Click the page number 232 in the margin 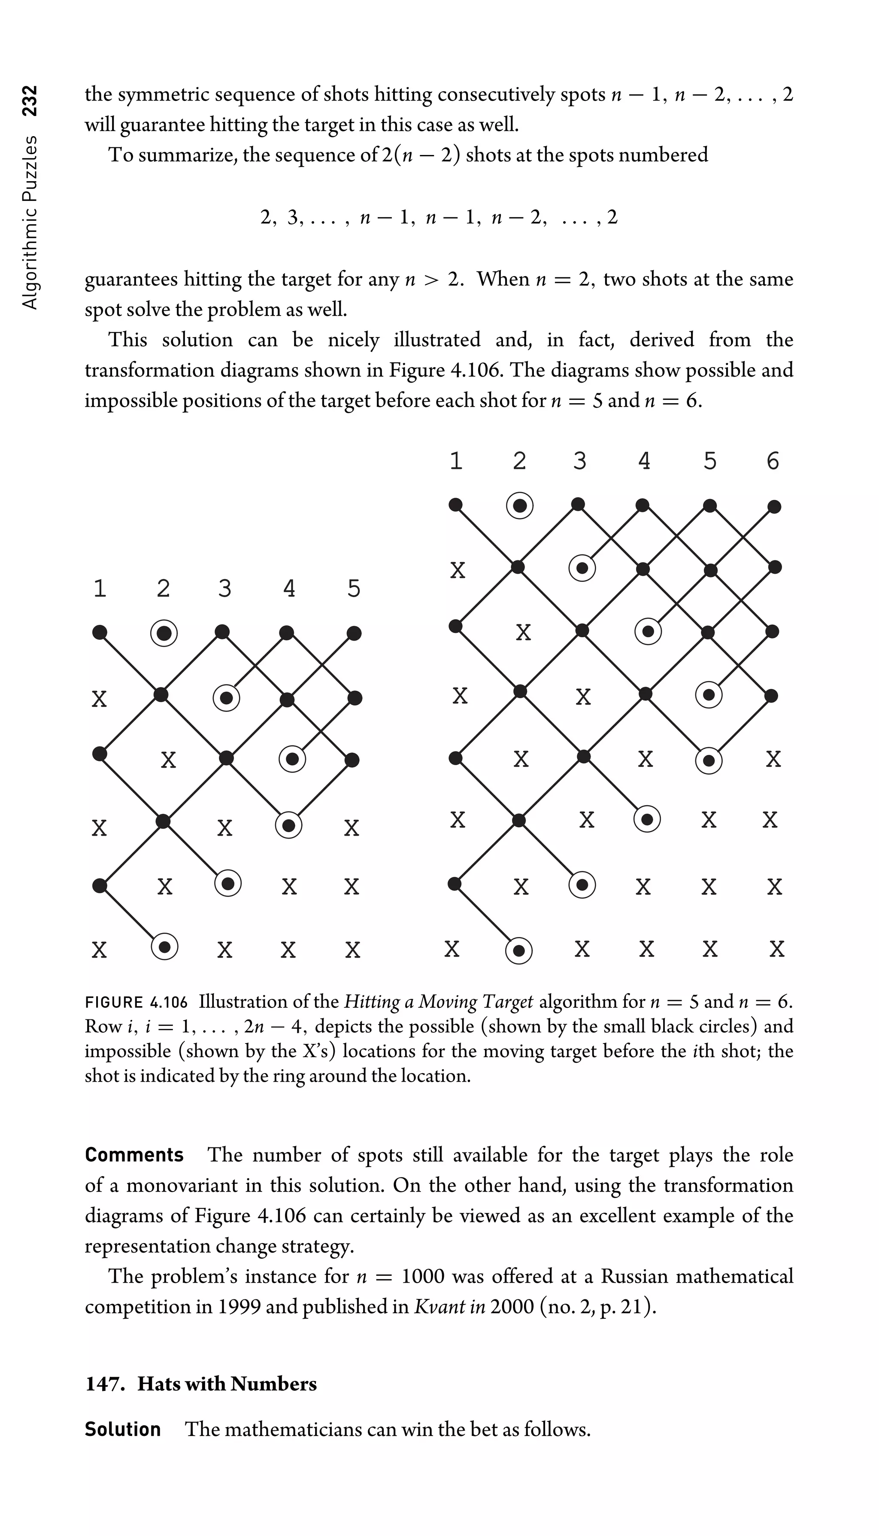(30, 100)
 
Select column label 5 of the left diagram (354, 588)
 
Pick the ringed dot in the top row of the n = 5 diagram (164, 634)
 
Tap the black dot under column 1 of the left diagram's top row (100, 633)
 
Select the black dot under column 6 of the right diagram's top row (774, 506)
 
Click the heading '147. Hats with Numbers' (201, 1384)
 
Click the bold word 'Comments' (134, 1155)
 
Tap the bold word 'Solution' (123, 1429)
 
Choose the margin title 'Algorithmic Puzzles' (30, 222)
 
